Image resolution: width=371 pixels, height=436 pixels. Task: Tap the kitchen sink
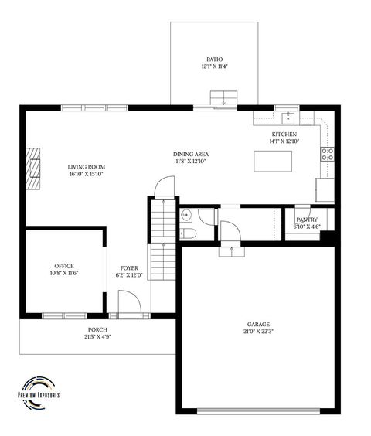288,118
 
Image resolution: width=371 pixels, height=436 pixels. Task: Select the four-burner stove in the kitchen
328,153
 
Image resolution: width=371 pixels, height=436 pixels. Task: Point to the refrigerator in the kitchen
325,190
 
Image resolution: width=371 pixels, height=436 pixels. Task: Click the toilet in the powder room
188,232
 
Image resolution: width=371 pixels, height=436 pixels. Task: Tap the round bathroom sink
186,215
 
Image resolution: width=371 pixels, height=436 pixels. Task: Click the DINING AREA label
190,154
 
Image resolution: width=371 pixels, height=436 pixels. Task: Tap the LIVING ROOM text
86,167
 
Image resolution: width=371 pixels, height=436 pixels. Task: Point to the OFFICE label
64,265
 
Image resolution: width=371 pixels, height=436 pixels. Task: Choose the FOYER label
129,267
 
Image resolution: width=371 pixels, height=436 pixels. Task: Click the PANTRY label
307,220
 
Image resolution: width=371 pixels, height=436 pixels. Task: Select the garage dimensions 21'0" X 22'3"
259,331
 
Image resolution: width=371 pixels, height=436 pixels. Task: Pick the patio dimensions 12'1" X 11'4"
214,66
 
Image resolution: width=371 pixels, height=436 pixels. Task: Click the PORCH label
97,329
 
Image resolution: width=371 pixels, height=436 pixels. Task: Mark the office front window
64,315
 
